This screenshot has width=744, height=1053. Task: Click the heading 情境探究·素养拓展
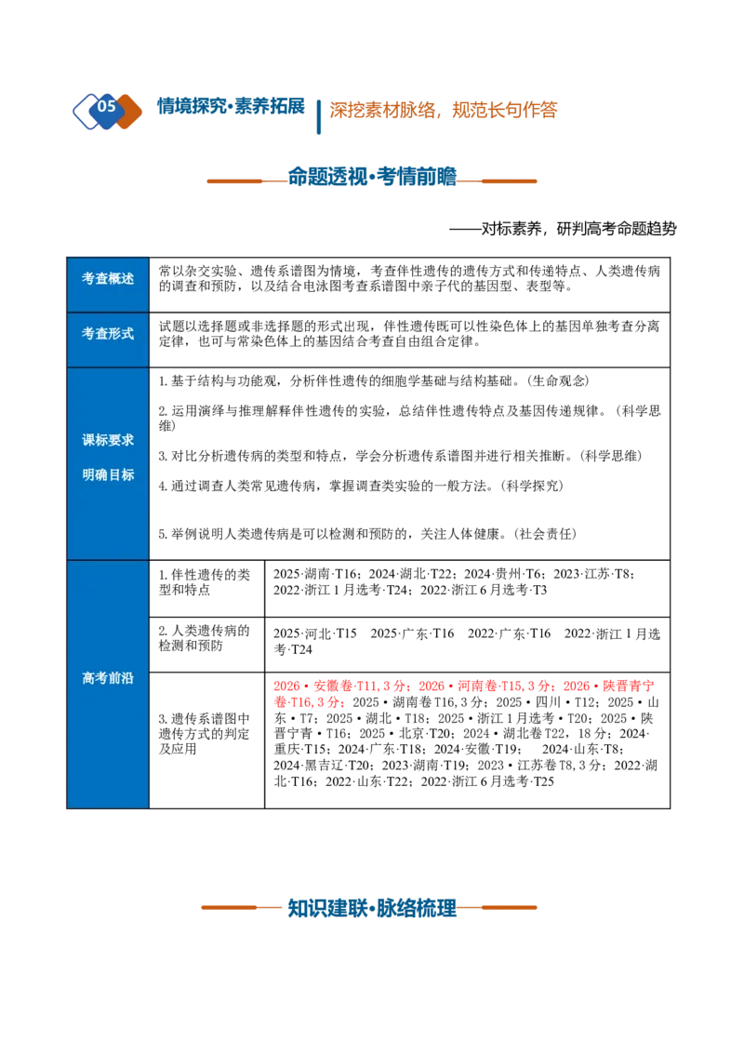(231, 106)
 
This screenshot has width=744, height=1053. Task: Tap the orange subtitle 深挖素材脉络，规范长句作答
(444, 110)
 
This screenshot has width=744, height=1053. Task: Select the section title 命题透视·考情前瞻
(372, 177)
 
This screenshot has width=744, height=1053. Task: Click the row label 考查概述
(108, 279)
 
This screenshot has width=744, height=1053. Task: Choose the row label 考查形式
(108, 334)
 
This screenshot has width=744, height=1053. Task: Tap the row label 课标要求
(108, 441)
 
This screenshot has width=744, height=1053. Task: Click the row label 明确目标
(108, 474)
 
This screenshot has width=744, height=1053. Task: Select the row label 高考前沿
(108, 678)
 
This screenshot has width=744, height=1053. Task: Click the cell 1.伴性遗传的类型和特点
(204, 582)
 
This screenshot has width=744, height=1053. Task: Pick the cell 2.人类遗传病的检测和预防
(204, 638)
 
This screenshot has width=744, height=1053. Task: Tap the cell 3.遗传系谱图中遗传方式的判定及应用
(204, 734)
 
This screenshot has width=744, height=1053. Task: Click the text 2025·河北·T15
(315, 634)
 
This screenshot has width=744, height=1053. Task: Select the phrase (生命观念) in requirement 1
(559, 381)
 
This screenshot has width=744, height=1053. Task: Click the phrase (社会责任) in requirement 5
(545, 535)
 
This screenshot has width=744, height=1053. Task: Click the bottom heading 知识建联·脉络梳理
(372, 908)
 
